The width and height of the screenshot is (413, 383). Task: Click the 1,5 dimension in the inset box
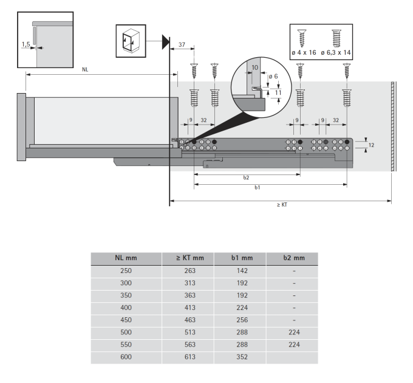(x=26, y=44)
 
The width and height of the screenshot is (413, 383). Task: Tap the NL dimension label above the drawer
(x=85, y=69)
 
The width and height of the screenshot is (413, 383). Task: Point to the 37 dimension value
(x=182, y=44)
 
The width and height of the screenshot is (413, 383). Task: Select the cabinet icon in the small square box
(x=131, y=41)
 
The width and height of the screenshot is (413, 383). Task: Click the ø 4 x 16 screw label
(x=304, y=52)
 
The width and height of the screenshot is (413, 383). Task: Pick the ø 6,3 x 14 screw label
(x=335, y=52)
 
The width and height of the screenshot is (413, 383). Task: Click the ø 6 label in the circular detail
(x=273, y=77)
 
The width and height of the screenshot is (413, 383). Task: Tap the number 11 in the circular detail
(x=278, y=92)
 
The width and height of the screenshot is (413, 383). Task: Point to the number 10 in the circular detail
(x=254, y=67)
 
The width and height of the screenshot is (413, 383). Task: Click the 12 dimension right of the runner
(x=371, y=145)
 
